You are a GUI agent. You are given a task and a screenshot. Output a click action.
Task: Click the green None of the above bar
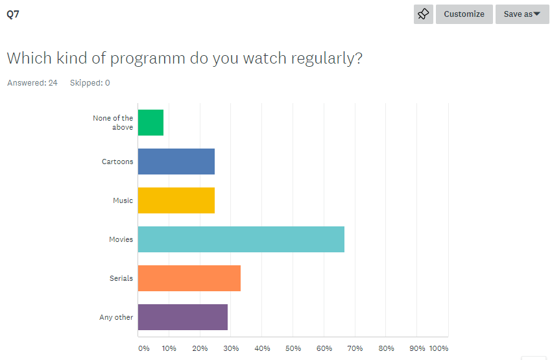point(150,123)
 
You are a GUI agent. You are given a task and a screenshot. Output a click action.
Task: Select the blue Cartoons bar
point(176,162)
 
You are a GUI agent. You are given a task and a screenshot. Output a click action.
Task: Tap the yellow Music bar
point(176,200)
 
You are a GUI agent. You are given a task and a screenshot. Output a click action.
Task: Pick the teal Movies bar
point(241,239)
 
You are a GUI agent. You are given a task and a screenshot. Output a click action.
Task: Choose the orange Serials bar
point(189,278)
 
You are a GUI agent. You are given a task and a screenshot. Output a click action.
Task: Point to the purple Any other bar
point(182,317)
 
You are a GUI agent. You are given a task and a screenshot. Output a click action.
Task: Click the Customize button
point(464,14)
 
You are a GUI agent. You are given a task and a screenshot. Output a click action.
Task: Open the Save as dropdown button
point(522,14)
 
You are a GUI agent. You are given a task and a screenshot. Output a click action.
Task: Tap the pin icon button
point(424,14)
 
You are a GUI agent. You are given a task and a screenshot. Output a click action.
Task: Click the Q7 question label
point(13,14)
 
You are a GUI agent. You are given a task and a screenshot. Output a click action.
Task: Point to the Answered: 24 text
point(32,83)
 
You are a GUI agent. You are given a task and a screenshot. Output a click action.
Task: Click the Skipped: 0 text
point(90,83)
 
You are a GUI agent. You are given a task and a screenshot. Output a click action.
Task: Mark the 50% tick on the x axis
point(293,348)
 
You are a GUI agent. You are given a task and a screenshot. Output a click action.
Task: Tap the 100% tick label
point(438,348)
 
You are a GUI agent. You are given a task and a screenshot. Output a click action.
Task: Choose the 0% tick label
point(144,348)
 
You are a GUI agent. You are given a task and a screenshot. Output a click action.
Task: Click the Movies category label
point(121,239)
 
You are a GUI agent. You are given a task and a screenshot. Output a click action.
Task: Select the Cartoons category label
point(117,162)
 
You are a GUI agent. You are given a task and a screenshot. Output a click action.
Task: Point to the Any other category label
point(116,317)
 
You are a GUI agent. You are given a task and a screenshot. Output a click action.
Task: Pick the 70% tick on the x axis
point(355,348)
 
